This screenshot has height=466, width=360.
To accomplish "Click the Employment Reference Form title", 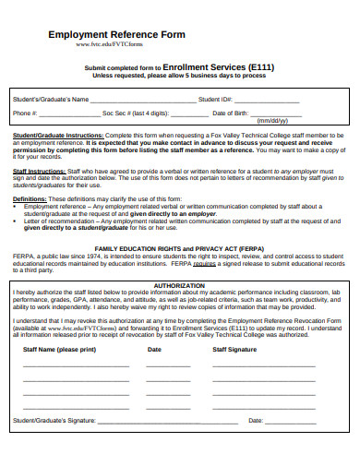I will point(116,34).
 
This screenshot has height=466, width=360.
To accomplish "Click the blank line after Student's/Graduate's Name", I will point(143,99).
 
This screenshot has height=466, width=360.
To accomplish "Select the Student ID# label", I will point(215,99).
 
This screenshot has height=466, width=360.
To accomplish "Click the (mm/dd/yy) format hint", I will point(272,121).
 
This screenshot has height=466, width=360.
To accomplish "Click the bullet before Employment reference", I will point(17,206).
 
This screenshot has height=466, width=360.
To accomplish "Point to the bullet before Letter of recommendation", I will point(17,221).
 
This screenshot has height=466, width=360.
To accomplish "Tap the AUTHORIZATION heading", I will point(180,286).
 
